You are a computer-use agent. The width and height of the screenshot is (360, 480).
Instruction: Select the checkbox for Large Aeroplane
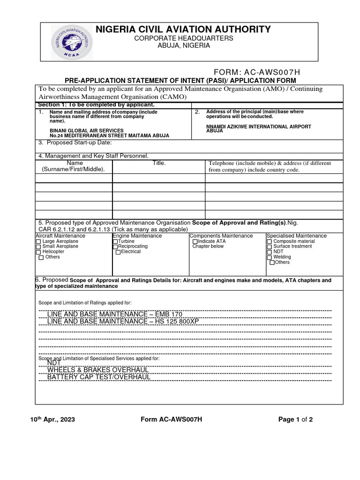coord(38,241)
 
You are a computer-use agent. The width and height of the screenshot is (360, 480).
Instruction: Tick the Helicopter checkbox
coord(38,252)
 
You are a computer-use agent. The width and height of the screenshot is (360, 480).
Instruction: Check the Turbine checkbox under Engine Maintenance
coord(115,241)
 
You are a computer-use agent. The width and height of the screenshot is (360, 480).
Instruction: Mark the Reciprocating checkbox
coord(115,247)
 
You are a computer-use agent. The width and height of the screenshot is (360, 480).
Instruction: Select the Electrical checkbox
coord(118,252)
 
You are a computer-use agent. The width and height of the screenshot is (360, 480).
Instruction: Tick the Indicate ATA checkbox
coord(195,241)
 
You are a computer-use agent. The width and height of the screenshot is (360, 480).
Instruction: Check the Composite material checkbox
coord(269,241)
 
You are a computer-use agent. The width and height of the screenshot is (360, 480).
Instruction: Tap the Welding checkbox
coord(269,257)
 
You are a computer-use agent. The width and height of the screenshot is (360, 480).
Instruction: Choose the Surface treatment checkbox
coord(269,247)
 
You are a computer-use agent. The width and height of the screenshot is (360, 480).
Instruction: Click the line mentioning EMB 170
coord(114,314)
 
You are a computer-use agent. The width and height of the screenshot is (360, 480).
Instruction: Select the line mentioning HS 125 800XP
coord(123,322)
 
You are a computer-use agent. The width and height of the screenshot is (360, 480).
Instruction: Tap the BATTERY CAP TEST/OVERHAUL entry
coord(99,377)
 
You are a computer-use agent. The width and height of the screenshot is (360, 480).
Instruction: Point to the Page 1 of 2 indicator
coord(295,420)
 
